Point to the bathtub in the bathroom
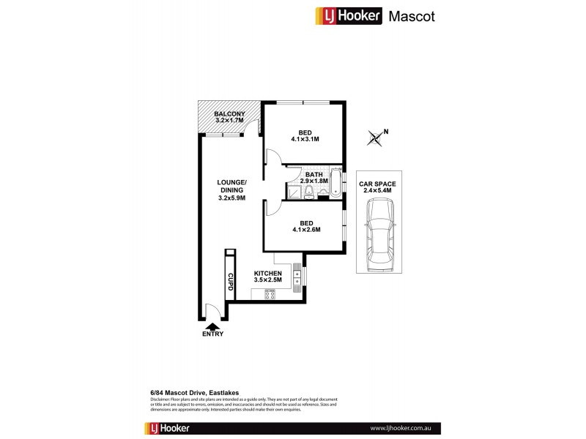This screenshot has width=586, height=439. click(335, 182)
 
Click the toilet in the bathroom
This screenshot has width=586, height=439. click(311, 192)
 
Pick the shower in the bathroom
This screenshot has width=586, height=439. click(293, 192)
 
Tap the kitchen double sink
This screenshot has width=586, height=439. click(297, 277)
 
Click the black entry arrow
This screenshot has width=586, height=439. click(214, 326)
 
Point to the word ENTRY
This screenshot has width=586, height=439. click(214, 334)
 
